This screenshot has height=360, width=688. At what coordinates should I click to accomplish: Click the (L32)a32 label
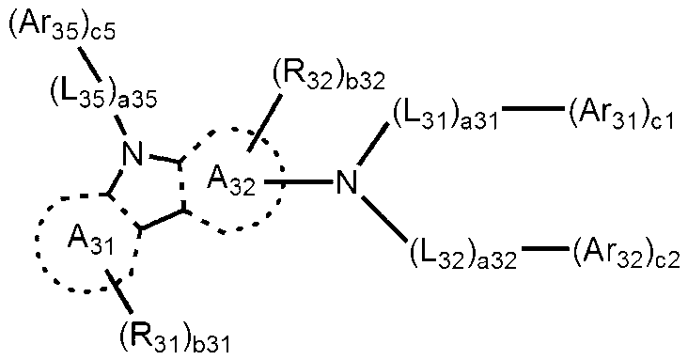[x=461, y=253]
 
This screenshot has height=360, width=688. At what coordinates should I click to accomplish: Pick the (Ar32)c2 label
[x=625, y=253]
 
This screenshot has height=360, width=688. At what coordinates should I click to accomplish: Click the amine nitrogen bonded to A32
[x=348, y=180]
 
